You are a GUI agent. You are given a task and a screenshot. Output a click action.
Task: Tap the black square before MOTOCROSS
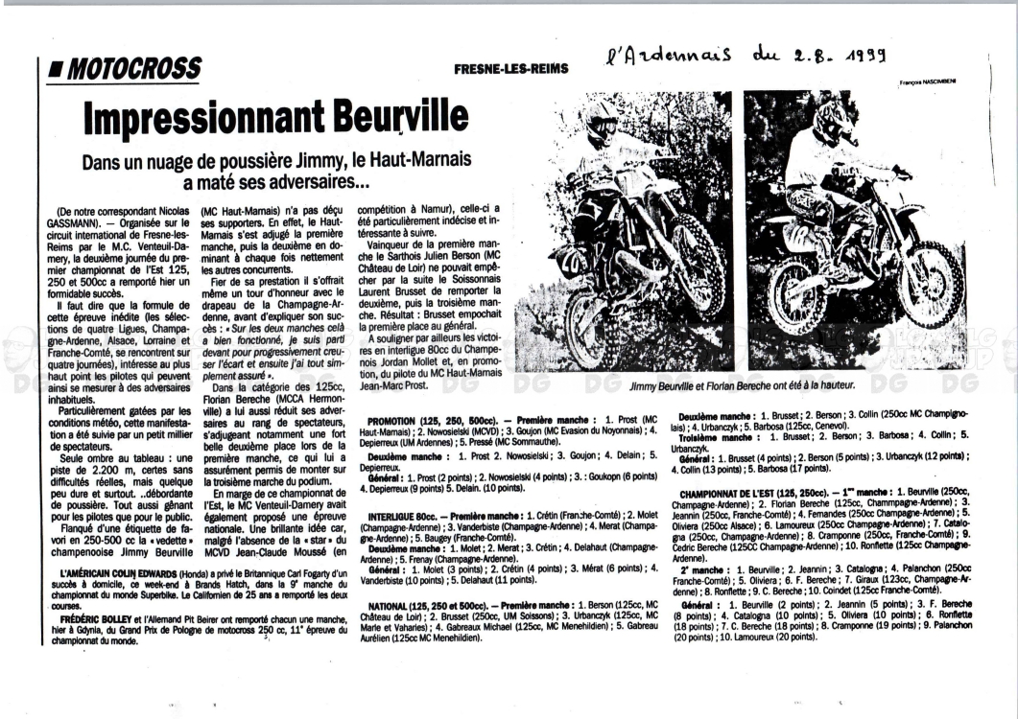(x=56, y=69)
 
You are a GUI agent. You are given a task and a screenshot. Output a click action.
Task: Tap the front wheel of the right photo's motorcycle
(x=929, y=284)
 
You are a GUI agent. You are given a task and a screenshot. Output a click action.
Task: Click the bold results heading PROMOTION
(x=401, y=420)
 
